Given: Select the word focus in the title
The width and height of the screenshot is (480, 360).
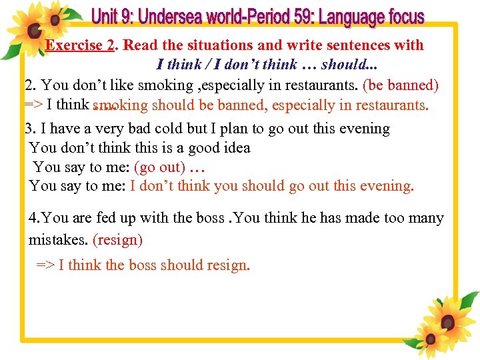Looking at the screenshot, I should (400, 17).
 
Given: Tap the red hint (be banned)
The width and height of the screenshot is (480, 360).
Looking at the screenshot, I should (400, 85).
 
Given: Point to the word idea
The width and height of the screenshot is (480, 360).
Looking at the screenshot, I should (236, 147).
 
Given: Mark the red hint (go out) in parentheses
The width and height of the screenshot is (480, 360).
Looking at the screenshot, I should (159, 167).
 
